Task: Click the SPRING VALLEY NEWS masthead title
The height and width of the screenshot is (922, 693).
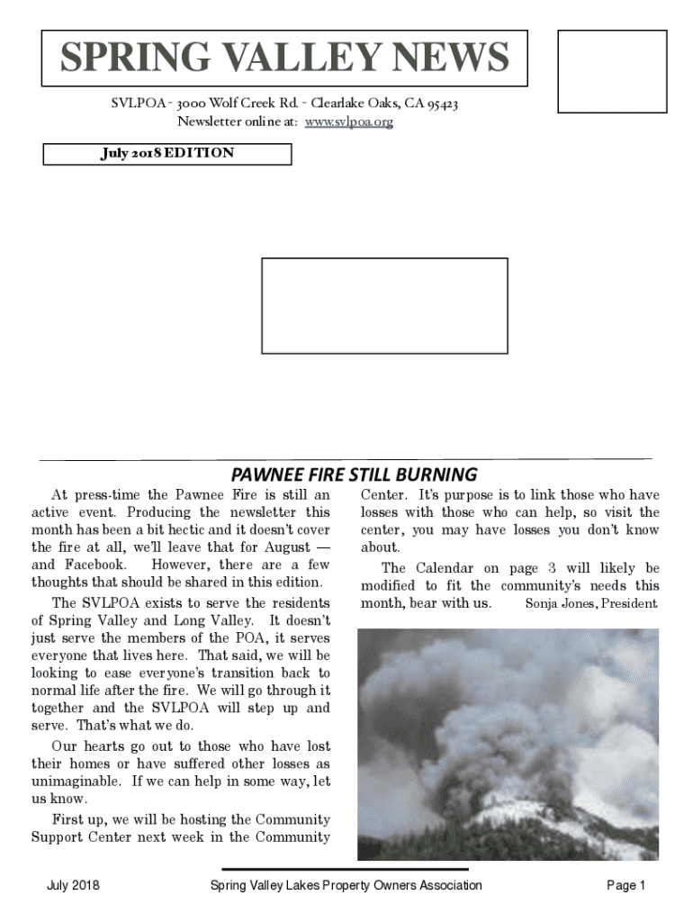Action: click(284, 59)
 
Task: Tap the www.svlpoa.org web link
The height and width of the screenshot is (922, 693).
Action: click(349, 122)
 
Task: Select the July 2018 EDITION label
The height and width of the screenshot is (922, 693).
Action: click(167, 153)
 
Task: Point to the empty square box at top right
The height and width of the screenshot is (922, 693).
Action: click(612, 68)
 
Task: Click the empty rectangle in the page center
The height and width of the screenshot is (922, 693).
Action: click(384, 305)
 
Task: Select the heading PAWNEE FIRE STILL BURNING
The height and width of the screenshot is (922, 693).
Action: click(355, 474)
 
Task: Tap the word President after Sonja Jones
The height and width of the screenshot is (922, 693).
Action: click(628, 603)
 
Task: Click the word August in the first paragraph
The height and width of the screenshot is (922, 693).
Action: click(286, 547)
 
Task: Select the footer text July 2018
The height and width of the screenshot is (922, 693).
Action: click(73, 886)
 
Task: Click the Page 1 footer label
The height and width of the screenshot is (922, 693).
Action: click(626, 886)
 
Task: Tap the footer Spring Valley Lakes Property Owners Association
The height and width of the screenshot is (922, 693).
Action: click(346, 886)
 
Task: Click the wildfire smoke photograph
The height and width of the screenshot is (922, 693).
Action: click(508, 745)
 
